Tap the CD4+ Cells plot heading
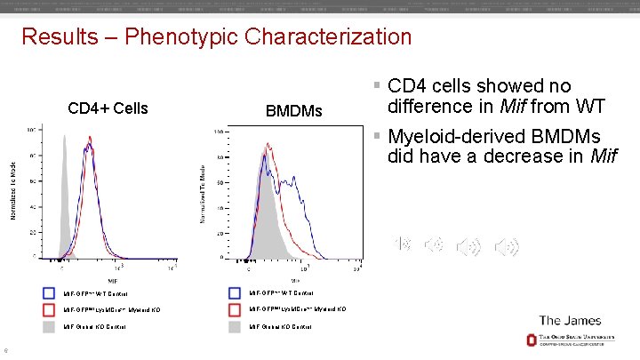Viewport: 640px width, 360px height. pyautogui.click(x=108, y=108)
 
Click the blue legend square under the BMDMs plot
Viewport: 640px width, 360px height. pyautogui.click(x=235, y=292)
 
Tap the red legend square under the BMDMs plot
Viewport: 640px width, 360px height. pyautogui.click(x=235, y=309)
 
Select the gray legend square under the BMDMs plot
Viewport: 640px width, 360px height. pyautogui.click(x=235, y=326)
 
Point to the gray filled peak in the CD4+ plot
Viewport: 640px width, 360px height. pyautogui.click(x=64, y=213)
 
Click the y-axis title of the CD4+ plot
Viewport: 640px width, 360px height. pyautogui.click(x=13, y=191)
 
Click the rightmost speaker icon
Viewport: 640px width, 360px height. pyautogui.click(x=509, y=247)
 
